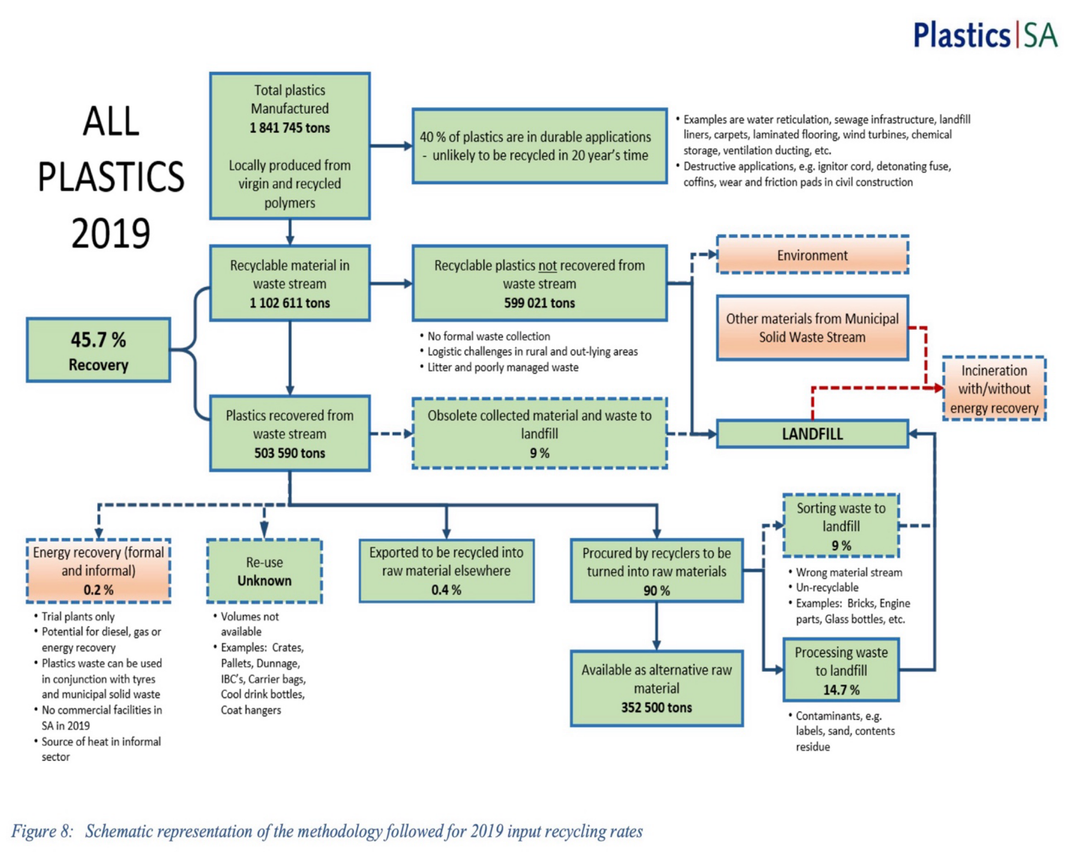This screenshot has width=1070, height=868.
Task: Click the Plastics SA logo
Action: (984, 35)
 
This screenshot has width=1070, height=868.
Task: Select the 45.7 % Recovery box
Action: (98, 350)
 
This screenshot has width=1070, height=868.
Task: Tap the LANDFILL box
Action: (812, 434)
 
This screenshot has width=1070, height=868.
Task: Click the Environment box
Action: (812, 255)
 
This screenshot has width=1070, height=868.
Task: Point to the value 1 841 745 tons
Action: (290, 128)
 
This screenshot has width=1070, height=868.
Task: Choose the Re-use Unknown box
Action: (264, 571)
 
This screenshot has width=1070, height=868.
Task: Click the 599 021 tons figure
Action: (539, 303)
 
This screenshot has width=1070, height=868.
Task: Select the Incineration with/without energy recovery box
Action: (994, 389)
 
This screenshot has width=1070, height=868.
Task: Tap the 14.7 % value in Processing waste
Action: (841, 690)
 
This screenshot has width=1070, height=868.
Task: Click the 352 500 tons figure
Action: (656, 707)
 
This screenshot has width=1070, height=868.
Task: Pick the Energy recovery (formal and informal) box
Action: (98, 571)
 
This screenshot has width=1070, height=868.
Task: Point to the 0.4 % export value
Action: (446, 590)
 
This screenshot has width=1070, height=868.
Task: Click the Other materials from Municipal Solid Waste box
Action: (812, 328)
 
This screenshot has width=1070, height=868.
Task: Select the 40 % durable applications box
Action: (539, 146)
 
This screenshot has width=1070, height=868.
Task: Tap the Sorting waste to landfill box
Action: (841, 526)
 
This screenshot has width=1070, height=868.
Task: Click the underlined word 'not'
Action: (547, 266)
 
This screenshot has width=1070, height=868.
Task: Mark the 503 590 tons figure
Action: (290, 453)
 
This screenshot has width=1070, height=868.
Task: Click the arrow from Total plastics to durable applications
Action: (391, 146)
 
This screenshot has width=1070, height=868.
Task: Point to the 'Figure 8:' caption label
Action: (42, 832)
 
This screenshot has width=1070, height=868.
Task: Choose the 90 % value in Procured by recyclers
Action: (656, 590)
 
